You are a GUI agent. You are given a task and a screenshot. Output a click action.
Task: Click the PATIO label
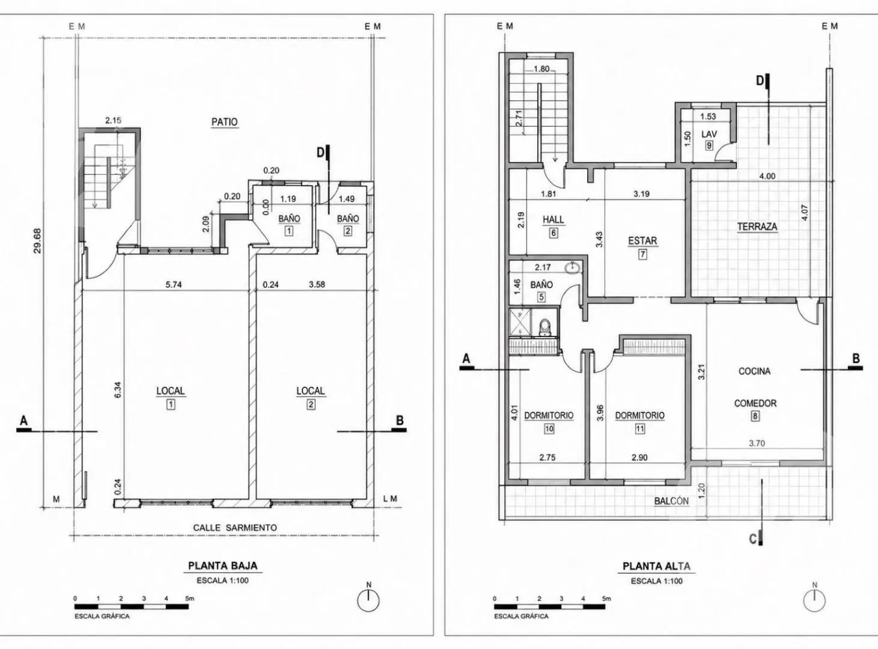coord(224,122)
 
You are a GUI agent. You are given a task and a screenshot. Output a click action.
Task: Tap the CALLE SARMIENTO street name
coord(235,528)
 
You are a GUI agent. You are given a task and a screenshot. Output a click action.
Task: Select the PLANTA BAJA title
coord(223,566)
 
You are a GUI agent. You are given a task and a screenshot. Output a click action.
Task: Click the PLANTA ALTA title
coord(657,566)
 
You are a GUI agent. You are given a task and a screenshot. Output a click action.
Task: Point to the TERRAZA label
coord(757,227)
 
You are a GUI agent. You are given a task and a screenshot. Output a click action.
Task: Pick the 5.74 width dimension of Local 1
coord(174,284)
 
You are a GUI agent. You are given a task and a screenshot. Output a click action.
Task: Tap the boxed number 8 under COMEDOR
coord(755,416)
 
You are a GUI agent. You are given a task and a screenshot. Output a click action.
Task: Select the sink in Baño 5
coord(572,268)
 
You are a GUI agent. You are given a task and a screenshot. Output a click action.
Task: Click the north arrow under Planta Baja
coord(368,600)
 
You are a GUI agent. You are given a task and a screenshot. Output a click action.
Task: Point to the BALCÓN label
coord(671,501)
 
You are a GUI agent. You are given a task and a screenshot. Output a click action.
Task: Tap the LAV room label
coord(709,134)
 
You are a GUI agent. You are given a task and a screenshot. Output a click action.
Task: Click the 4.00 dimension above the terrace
coord(767,176)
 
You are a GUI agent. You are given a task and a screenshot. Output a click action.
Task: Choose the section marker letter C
coord(753,539)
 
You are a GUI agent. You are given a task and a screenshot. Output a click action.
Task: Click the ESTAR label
coord(642,241)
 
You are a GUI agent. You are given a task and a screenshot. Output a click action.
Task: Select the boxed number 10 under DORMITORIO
coord(549,428)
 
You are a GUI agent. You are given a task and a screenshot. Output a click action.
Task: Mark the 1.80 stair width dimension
coord(541,69)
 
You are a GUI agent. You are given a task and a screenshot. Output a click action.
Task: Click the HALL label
coord(553,219)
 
